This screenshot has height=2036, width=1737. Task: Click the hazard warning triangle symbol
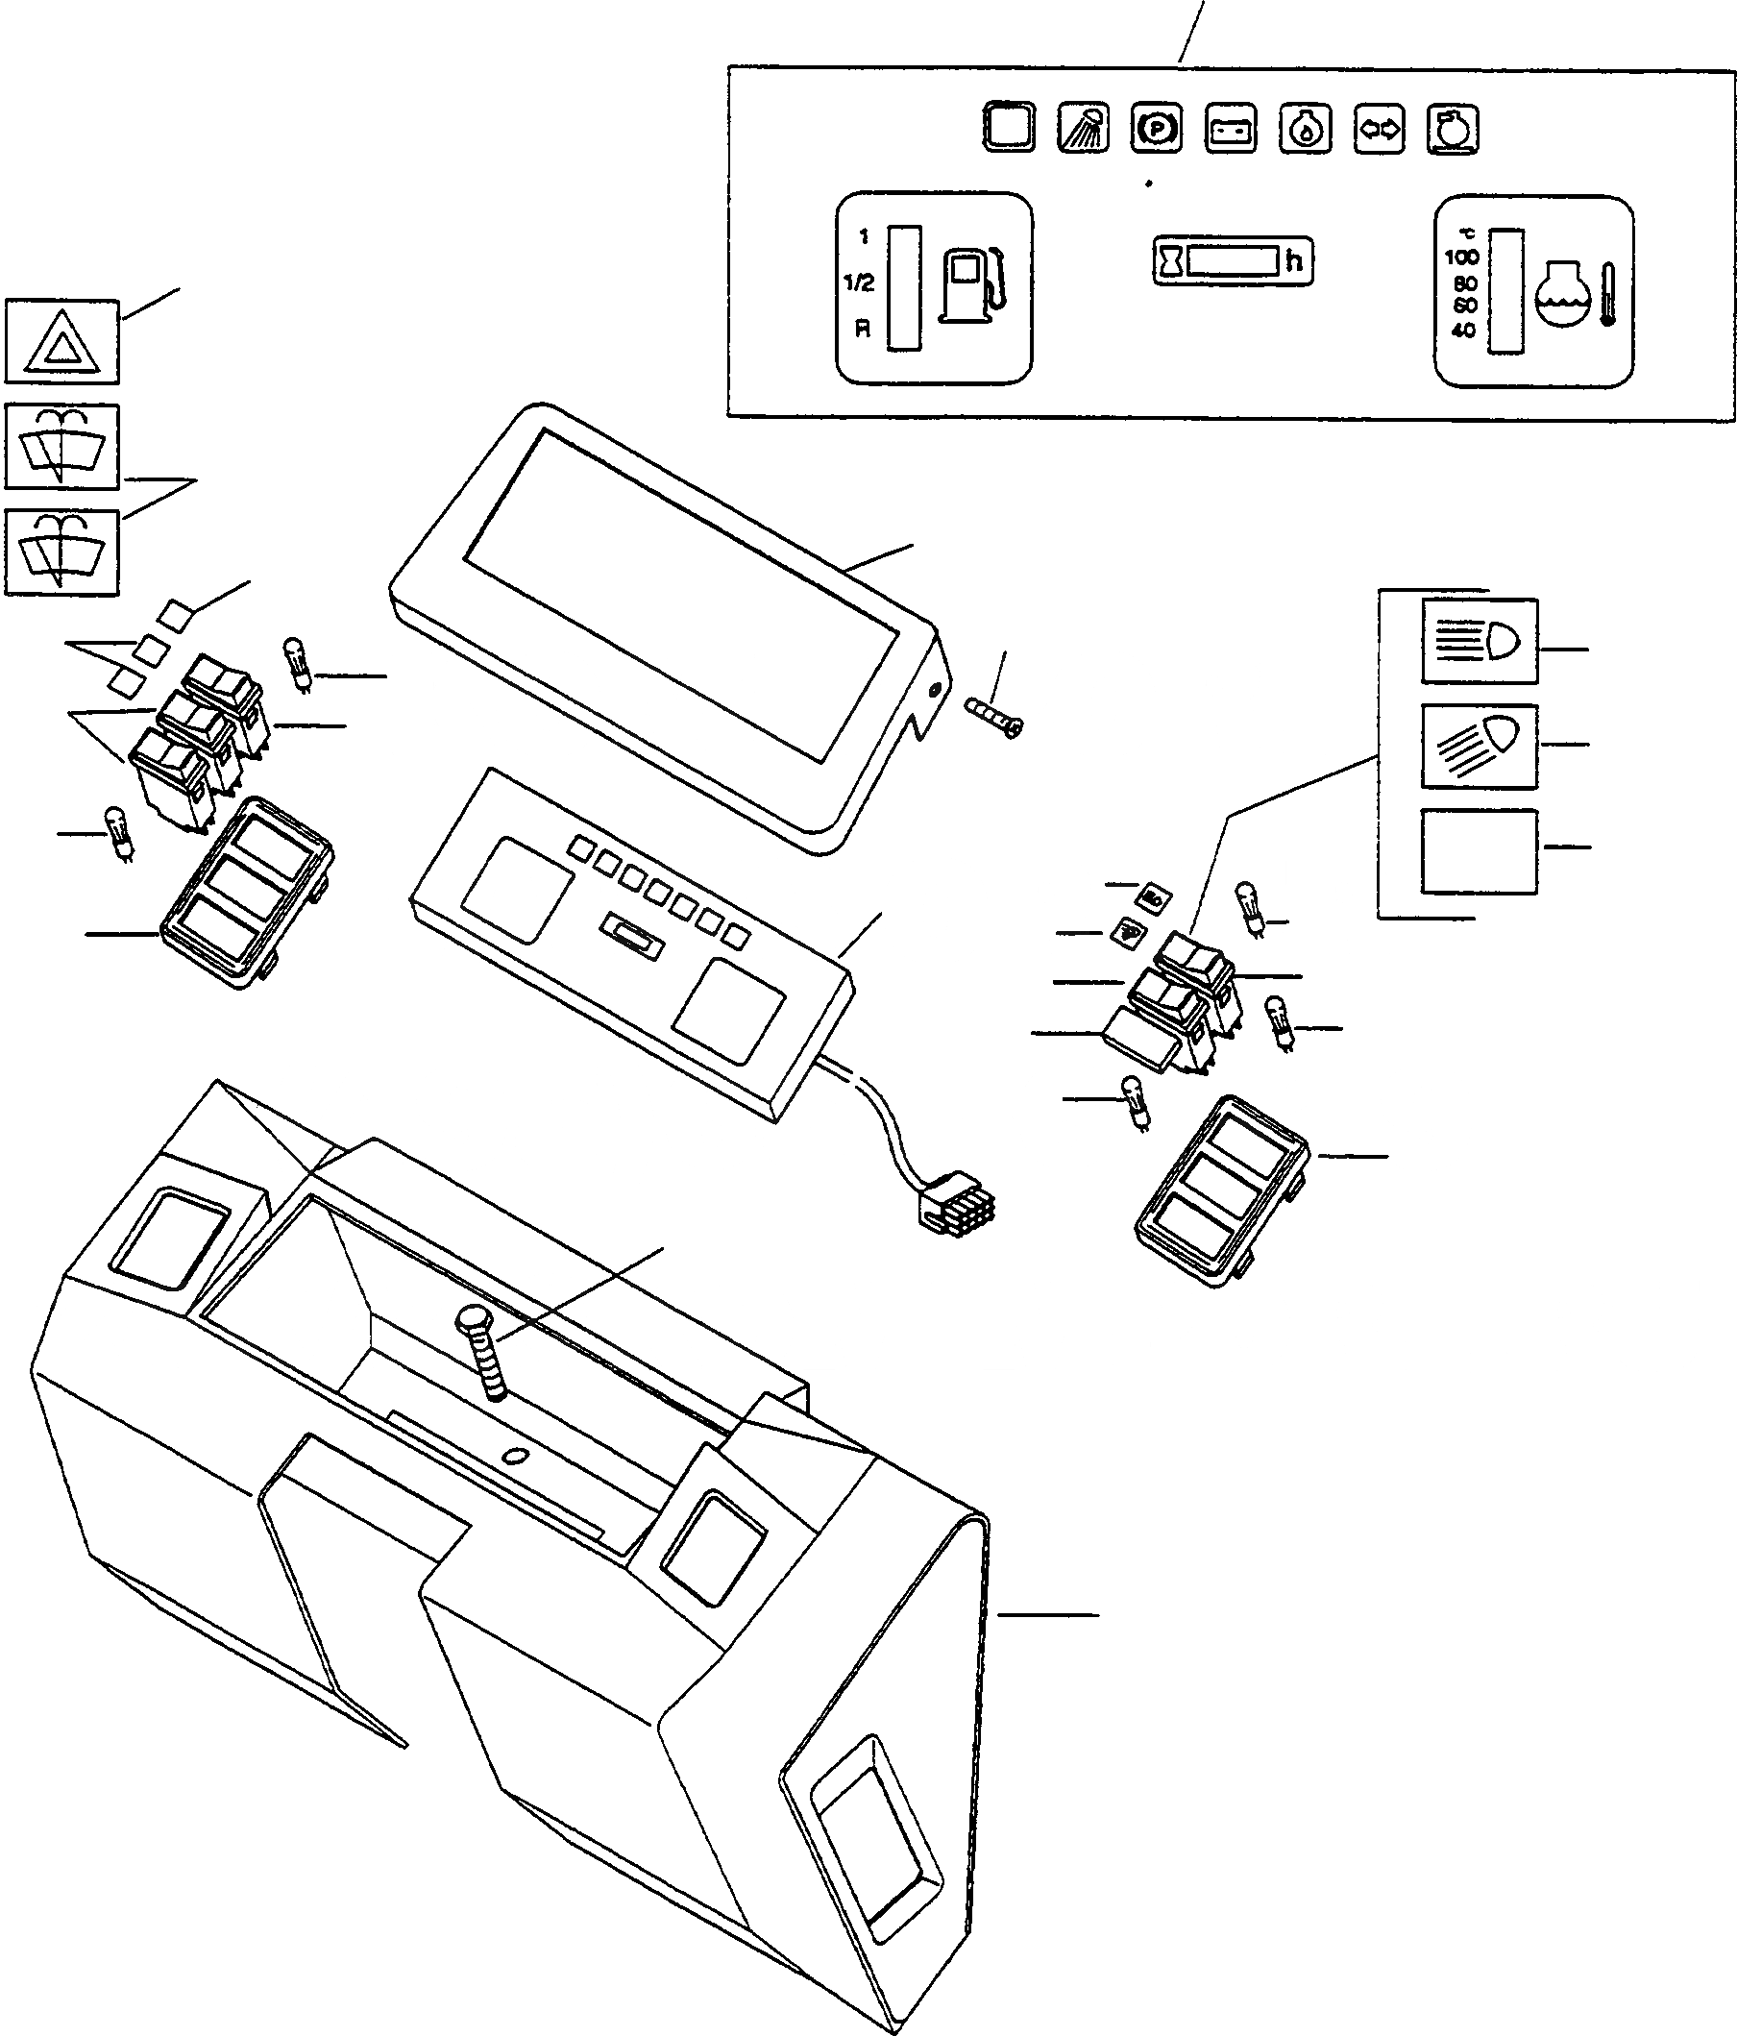pos(61,343)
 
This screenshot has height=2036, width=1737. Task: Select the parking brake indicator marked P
pos(1157,129)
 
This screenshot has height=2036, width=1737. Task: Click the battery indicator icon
pos(1230,130)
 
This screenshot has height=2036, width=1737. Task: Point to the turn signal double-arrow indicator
pos(1379,130)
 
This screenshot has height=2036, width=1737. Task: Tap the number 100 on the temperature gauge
pos(1462,258)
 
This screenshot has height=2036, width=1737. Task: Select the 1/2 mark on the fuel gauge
pos(859,284)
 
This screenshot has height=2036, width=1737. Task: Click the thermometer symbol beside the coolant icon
pos(1607,294)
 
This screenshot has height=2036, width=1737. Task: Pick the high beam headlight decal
pos(1480,642)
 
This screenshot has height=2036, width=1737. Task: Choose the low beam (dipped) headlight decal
pos(1480,746)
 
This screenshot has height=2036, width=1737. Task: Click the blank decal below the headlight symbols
pos(1479,851)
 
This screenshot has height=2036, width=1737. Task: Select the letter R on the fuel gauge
pos(862,330)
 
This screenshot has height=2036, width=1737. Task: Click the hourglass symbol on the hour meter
pos(1171,261)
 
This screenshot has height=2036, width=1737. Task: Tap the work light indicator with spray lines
pos(1083,129)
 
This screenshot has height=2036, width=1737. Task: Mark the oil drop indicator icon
pos(1305,130)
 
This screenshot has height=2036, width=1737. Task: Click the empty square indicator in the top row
pos(1008,128)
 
